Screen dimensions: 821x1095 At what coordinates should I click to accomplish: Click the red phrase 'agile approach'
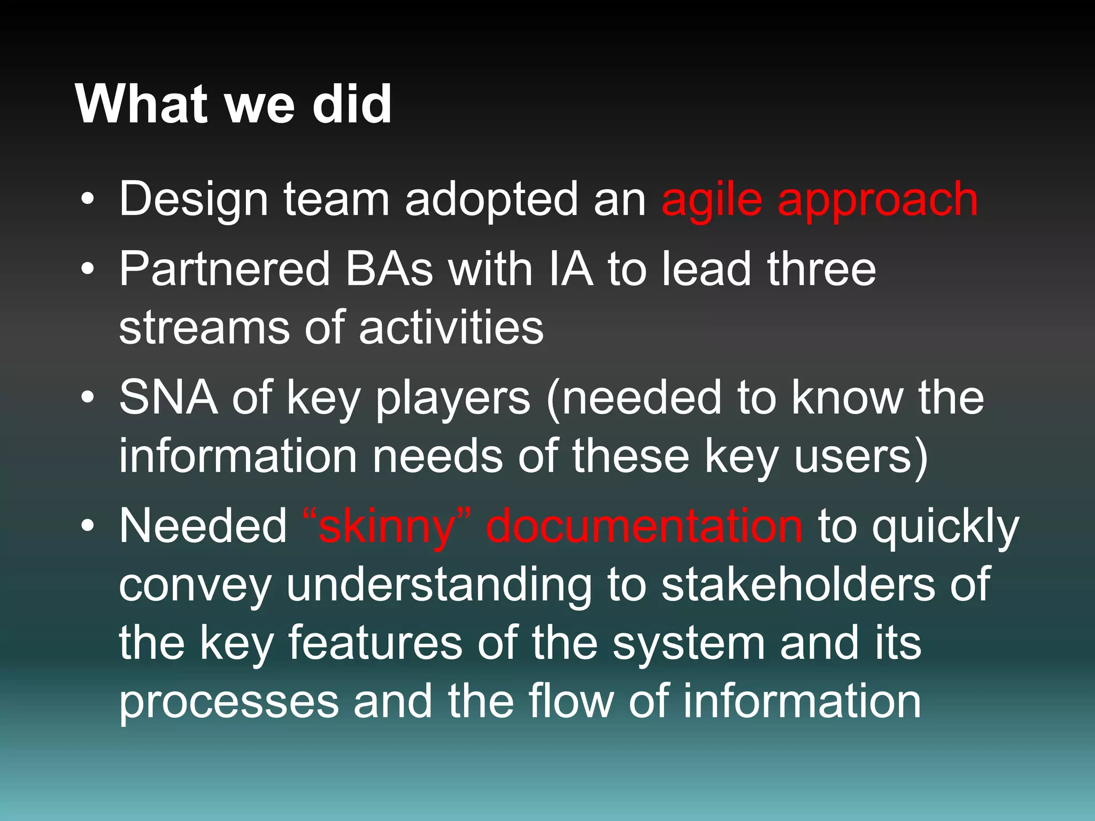click(x=819, y=200)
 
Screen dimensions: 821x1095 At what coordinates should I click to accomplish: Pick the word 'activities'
click(x=451, y=328)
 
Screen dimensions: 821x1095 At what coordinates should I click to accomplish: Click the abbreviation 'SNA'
click(x=168, y=398)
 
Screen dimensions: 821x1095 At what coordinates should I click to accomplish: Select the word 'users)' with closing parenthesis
click(x=861, y=457)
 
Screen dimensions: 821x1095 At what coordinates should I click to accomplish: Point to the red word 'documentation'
click(x=644, y=526)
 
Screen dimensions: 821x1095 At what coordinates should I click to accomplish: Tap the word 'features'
click(x=375, y=644)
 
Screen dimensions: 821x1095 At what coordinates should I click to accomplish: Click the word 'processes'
click(x=228, y=702)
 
